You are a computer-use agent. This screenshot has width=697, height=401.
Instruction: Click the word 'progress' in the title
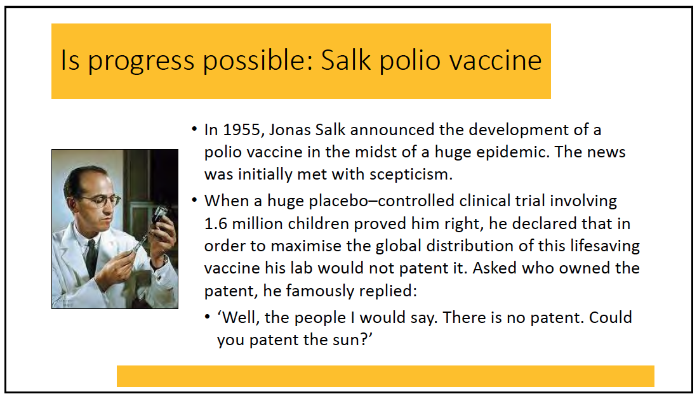click(141, 61)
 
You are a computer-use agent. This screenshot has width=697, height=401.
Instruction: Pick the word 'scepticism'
click(411, 174)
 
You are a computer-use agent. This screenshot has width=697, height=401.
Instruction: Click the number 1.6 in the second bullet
click(216, 223)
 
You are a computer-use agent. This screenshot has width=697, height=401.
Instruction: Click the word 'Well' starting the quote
click(239, 317)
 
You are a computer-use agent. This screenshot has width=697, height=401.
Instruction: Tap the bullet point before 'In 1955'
click(194, 129)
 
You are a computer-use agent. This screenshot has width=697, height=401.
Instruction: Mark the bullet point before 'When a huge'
click(194, 201)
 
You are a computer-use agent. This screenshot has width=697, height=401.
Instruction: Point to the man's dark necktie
click(91, 258)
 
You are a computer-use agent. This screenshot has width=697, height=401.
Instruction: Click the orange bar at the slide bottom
click(385, 376)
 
